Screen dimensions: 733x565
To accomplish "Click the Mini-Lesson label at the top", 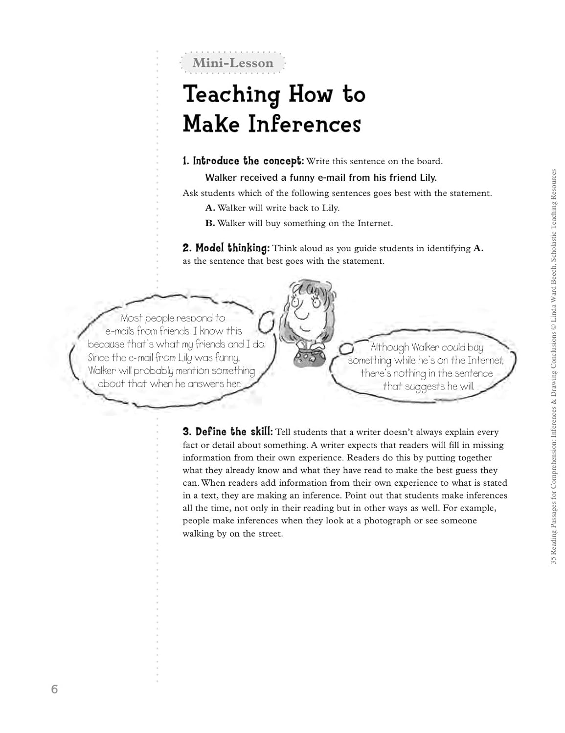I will (233, 63).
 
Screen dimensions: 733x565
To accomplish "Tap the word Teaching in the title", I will (231, 94).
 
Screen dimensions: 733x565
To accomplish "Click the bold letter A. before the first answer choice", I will (210, 208).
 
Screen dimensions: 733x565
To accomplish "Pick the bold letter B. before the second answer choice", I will (210, 223).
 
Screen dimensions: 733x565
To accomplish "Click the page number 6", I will (54, 690).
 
